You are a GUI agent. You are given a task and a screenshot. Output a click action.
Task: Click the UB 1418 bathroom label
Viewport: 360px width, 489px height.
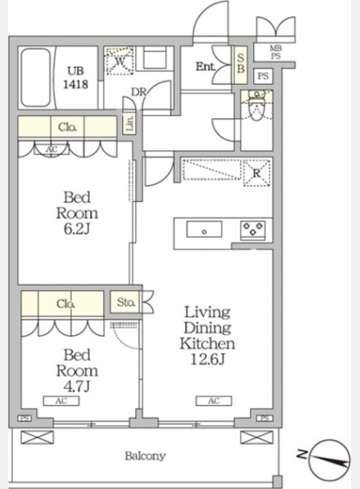point(76,78)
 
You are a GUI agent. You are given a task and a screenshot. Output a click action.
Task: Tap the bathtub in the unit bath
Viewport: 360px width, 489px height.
point(36,77)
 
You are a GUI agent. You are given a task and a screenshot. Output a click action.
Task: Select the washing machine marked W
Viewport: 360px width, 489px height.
point(120,61)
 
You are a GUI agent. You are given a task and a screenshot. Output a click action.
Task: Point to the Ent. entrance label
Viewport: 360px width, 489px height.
point(206,67)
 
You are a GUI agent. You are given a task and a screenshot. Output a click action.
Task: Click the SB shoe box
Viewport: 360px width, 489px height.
point(240,64)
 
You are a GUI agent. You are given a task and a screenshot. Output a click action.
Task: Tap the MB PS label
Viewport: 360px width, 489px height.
point(275,52)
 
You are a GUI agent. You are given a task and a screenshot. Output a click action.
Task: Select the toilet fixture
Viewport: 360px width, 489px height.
point(257,106)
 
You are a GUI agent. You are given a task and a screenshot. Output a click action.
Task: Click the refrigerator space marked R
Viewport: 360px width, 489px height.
point(257,173)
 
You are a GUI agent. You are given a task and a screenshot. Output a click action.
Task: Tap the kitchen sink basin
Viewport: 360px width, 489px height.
point(204,229)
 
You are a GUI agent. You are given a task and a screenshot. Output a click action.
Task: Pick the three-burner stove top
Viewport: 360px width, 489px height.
point(252,231)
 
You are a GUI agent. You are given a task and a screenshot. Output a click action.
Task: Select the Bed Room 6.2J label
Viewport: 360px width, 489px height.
point(77,213)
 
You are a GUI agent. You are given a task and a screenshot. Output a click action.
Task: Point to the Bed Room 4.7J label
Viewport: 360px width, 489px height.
point(77,370)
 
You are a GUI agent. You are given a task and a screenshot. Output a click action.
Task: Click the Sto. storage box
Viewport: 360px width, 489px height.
point(126,302)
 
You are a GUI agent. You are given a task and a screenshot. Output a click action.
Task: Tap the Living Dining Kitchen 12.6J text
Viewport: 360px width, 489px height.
point(207,336)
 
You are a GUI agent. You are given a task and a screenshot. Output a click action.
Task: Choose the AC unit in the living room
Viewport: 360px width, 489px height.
point(214,401)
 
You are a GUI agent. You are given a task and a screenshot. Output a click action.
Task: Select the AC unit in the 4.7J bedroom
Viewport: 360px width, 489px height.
point(61,401)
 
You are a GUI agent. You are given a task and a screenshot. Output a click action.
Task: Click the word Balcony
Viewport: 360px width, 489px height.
point(145,456)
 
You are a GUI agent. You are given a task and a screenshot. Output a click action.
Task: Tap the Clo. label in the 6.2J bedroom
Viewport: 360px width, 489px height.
point(68,127)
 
